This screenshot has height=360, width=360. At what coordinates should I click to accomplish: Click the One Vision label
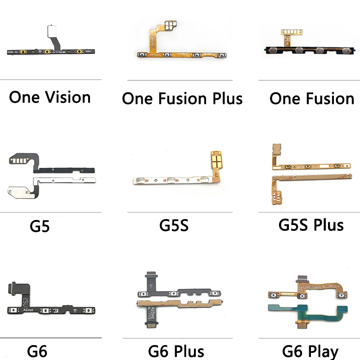point(49,97)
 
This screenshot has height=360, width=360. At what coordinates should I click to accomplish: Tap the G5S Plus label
point(311,225)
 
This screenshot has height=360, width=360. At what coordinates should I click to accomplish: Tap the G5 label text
point(39,226)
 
